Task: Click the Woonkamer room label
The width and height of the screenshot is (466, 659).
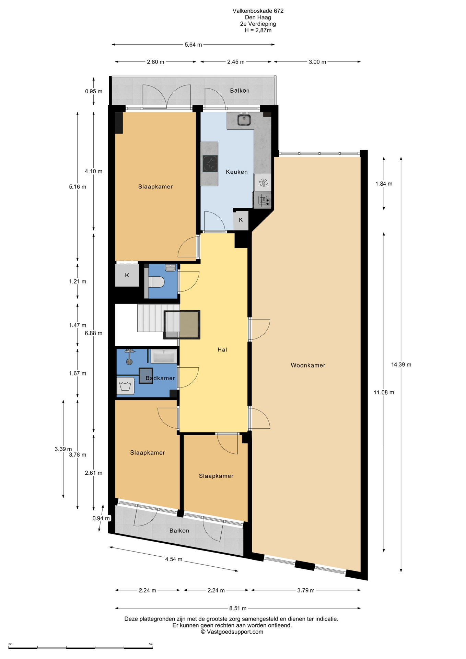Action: click(x=308, y=365)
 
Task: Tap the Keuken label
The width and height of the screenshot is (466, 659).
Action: click(x=237, y=172)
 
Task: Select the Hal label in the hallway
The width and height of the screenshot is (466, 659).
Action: click(x=222, y=349)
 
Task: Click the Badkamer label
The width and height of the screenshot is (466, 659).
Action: click(x=160, y=378)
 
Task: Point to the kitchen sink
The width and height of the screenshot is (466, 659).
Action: click(x=244, y=120)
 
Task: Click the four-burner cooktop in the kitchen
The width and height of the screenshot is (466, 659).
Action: click(x=210, y=163)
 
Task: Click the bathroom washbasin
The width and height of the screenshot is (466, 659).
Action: click(x=164, y=356)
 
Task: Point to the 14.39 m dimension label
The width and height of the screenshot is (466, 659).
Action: click(x=401, y=365)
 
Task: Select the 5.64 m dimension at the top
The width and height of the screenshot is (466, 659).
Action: click(x=193, y=45)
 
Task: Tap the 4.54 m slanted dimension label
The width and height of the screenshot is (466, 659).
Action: click(x=174, y=559)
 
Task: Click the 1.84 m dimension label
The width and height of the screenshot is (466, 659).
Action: click(x=384, y=184)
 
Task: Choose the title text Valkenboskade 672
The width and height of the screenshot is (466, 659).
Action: click(x=258, y=11)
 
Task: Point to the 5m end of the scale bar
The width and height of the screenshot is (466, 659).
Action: click(x=152, y=647)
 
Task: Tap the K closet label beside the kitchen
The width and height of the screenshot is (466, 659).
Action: click(x=241, y=220)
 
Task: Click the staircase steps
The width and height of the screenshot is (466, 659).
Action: click(x=158, y=318)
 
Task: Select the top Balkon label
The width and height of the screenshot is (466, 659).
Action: click(x=240, y=91)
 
